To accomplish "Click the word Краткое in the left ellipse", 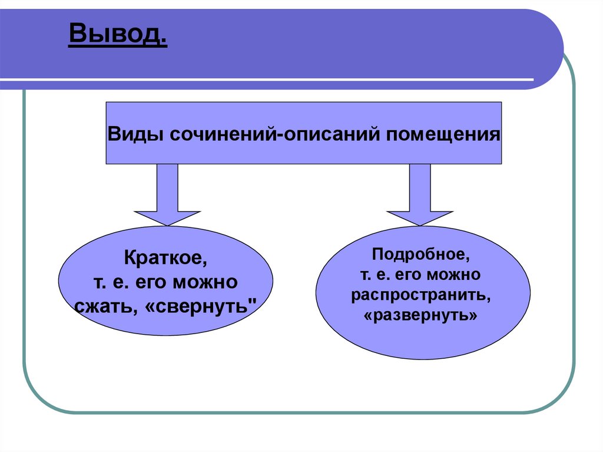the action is pos(166,258).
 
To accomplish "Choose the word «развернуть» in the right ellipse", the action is pos(422,315).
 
